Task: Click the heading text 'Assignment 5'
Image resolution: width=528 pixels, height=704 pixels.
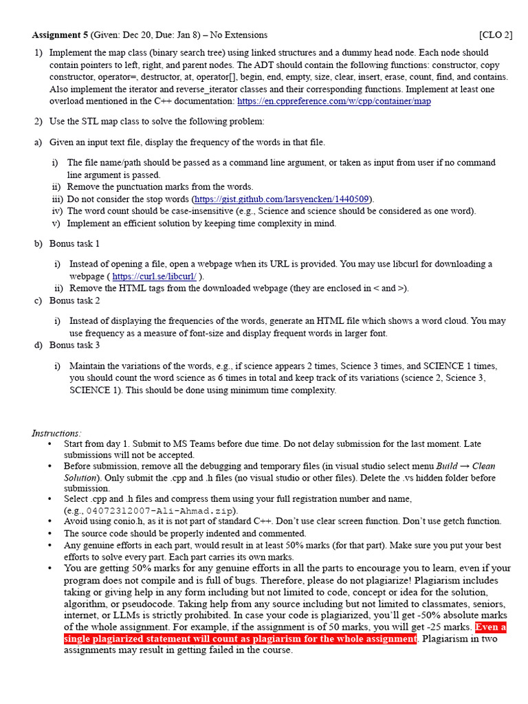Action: (60, 35)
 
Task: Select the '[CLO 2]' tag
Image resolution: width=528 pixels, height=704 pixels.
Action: (495, 35)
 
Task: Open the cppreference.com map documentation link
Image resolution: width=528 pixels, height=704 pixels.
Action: (334, 102)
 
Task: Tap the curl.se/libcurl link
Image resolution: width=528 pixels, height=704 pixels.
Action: (154, 276)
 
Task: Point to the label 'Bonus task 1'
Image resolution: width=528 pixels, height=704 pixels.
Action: (74, 244)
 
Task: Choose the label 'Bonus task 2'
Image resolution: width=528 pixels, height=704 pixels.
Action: (74, 301)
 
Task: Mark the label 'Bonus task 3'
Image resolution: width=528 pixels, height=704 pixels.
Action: (74, 345)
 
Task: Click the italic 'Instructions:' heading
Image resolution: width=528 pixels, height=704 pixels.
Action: (56, 433)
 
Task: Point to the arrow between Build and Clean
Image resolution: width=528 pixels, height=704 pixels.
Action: (465, 466)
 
